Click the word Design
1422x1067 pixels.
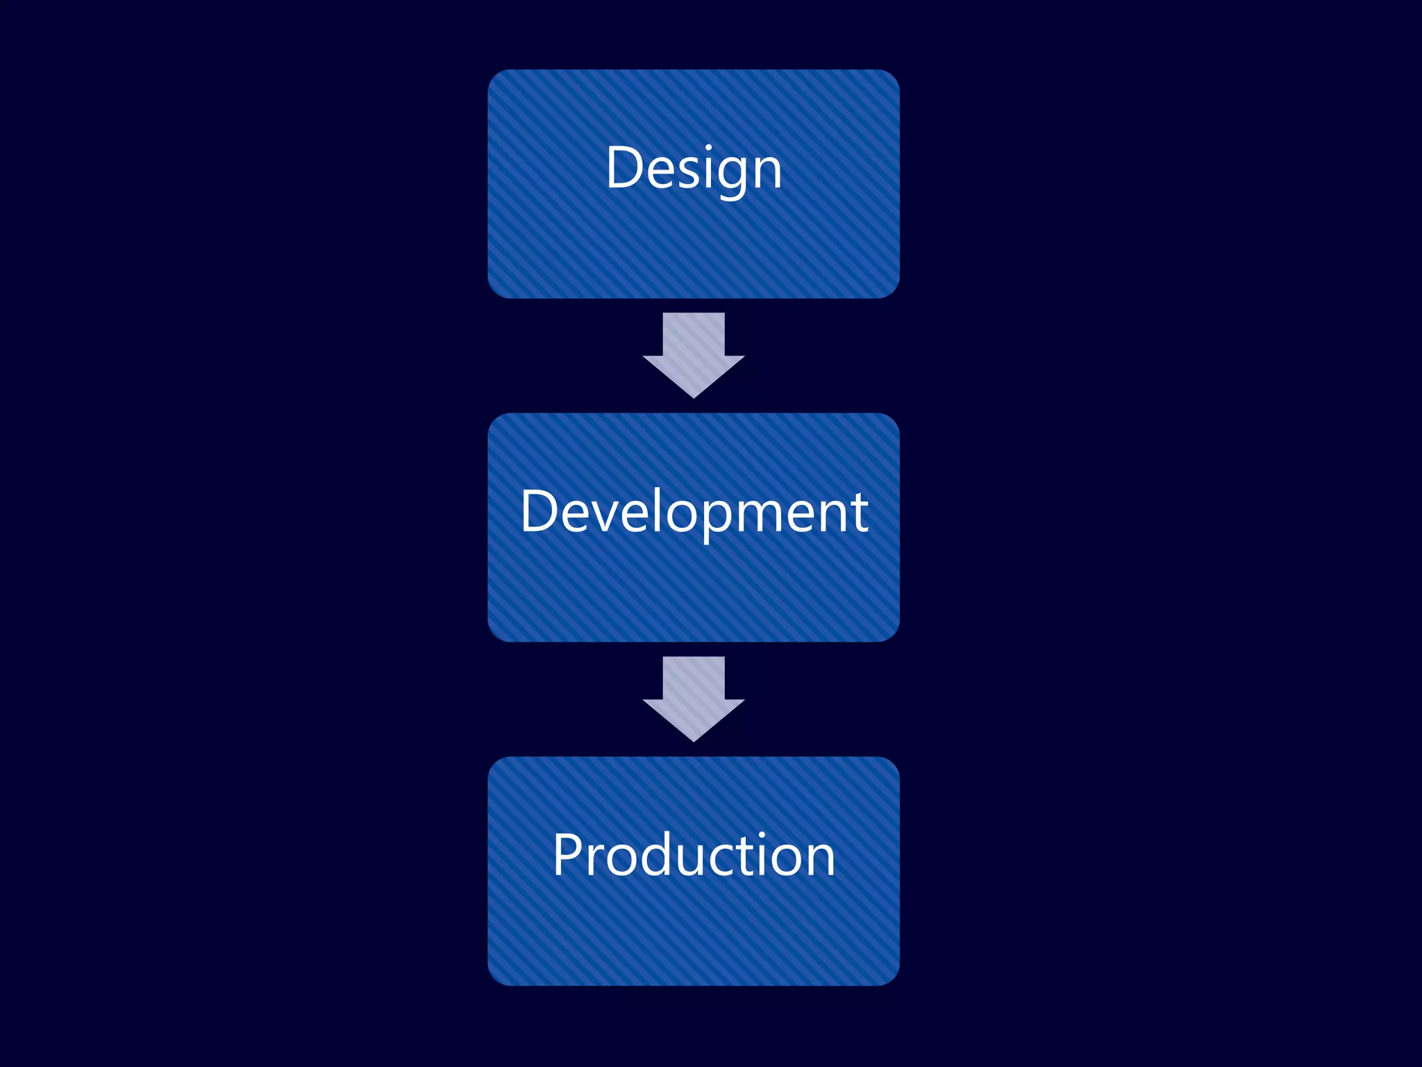(694, 168)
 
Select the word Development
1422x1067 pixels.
(694, 512)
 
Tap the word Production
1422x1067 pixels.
(694, 855)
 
